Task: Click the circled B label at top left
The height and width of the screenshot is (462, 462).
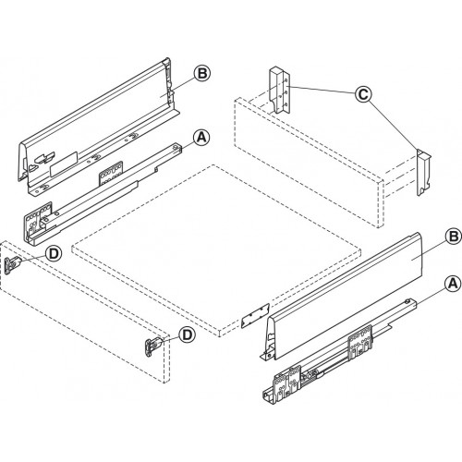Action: tap(202, 74)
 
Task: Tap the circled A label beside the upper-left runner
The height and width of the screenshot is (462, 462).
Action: tap(201, 138)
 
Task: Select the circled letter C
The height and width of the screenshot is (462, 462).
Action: tap(363, 94)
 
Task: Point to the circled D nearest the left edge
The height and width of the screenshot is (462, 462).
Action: tap(54, 254)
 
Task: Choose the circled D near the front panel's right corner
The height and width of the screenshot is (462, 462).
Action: tap(188, 334)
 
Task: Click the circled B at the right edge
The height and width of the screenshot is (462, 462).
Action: tap(453, 237)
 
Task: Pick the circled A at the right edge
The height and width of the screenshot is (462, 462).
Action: tap(453, 283)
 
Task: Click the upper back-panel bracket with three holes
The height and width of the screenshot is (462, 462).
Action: tap(280, 91)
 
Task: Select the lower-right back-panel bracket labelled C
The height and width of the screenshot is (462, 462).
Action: tap(424, 173)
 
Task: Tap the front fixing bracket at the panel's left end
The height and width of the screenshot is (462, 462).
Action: tap(12, 265)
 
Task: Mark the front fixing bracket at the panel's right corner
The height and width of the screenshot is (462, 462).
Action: tap(153, 347)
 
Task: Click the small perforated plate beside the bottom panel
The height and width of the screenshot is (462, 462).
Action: tap(255, 316)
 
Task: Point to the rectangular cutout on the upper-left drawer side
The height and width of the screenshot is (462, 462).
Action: tap(64, 164)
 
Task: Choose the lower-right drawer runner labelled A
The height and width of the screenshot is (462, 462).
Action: tap(340, 351)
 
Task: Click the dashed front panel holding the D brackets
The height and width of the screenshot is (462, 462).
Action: tap(85, 312)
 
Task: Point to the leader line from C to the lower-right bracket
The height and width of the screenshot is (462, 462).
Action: tap(394, 127)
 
